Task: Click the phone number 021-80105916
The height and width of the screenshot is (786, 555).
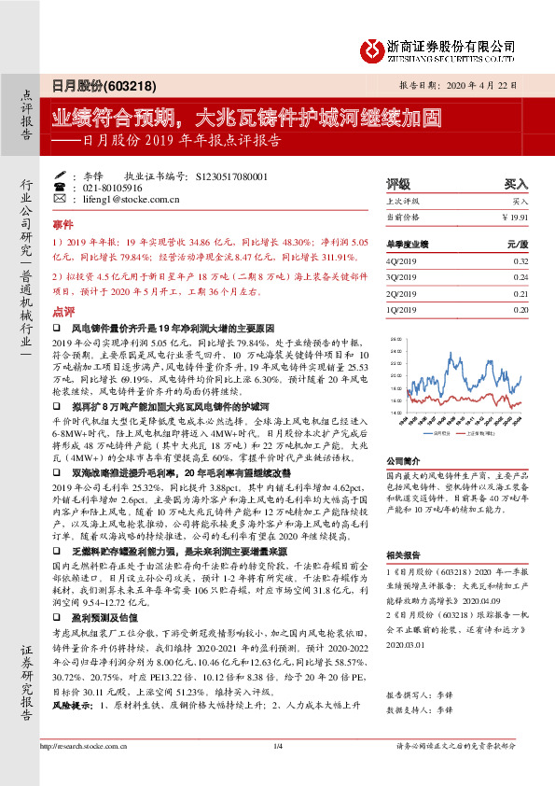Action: tap(104, 188)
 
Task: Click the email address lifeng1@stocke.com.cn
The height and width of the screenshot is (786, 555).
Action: tap(118, 199)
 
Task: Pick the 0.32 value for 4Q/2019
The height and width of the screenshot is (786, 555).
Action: tap(520, 261)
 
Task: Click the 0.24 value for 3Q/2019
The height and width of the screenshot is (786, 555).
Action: tap(520, 277)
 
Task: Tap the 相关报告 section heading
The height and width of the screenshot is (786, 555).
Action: tap(404, 554)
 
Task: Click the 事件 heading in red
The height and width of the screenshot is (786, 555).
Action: tap(62, 226)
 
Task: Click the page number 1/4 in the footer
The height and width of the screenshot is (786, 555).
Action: tap(277, 771)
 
